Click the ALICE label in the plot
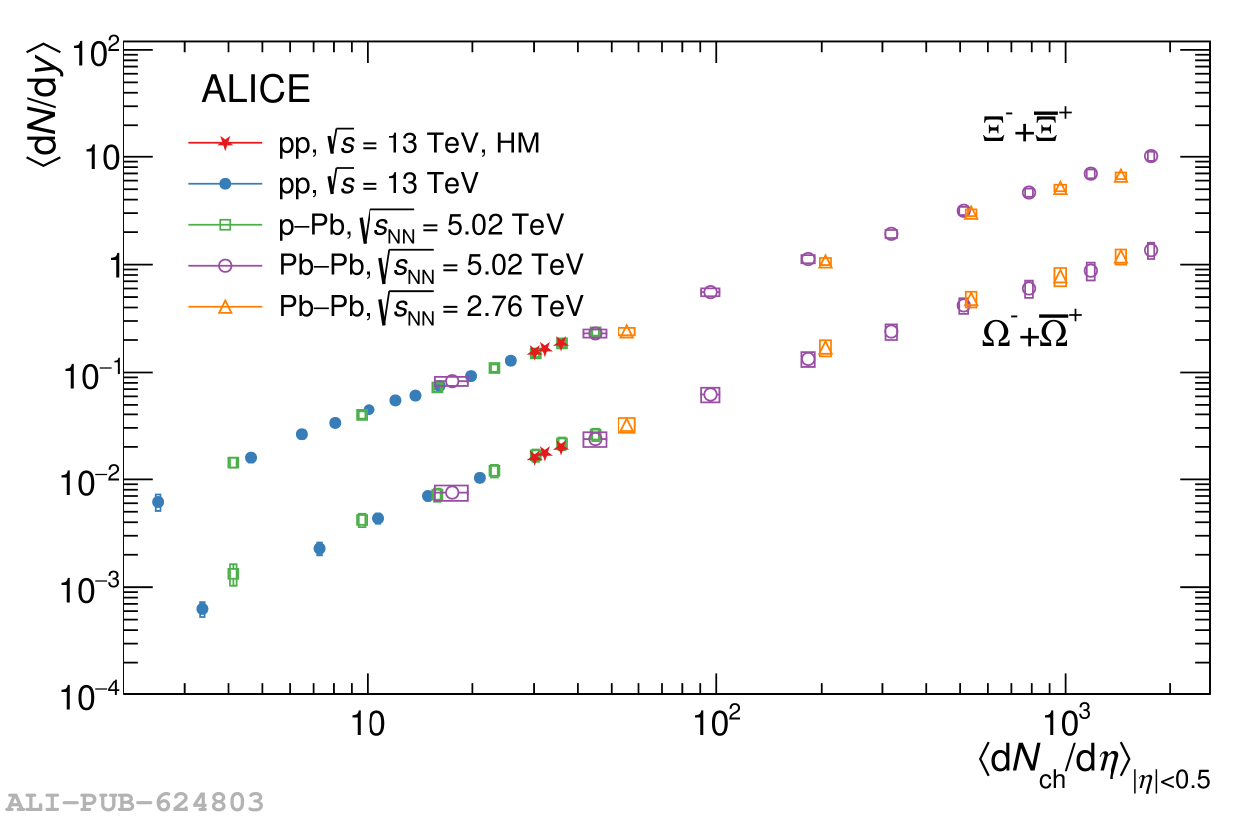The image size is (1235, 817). [x=255, y=90]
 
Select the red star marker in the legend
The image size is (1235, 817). [x=225, y=144]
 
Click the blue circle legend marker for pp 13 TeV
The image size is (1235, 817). [x=225, y=184]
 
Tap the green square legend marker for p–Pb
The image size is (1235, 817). [x=225, y=225]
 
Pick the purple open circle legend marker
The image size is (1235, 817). [x=225, y=266]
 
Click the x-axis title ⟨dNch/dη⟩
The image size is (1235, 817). [x=1093, y=766]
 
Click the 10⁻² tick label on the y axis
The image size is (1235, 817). [x=90, y=480]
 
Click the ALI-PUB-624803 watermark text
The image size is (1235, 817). [x=135, y=802]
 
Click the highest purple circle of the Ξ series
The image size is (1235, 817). [x=1151, y=156]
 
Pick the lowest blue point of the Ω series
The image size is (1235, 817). [x=202, y=608]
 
